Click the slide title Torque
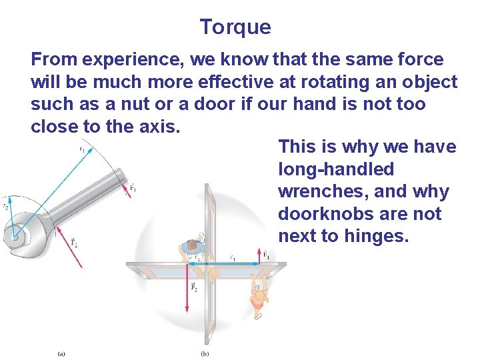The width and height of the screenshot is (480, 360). [235, 27]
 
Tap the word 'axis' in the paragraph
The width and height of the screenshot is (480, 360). [158, 127]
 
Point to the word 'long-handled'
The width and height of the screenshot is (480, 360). [336, 169]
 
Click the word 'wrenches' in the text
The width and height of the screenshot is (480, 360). [320, 192]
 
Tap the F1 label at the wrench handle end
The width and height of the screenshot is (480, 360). [134, 189]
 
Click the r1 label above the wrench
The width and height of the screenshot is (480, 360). [81, 149]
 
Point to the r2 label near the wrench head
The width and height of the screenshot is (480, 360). [5, 207]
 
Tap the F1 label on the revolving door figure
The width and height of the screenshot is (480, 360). [266, 255]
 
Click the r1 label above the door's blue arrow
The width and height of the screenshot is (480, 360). [232, 257]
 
